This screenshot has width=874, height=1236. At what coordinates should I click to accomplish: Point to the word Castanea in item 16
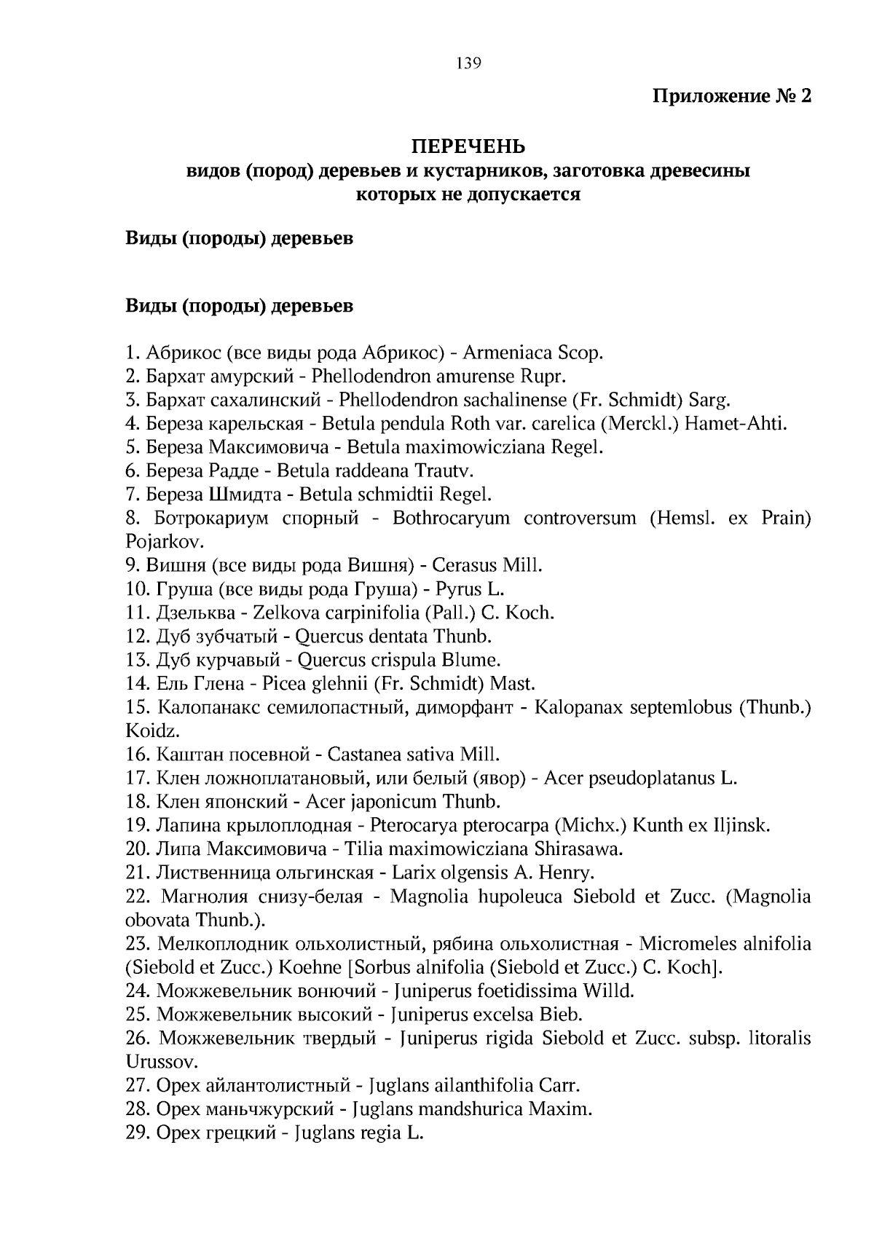point(361,755)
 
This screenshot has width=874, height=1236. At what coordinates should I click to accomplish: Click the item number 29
point(137,1133)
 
